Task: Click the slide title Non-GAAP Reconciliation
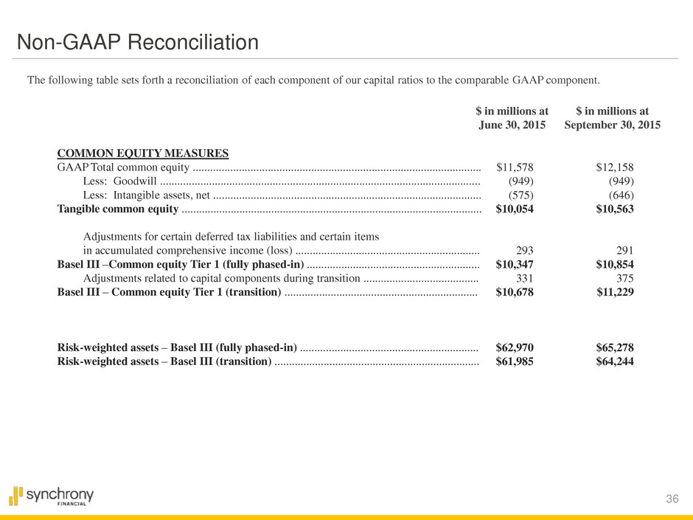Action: coord(138,43)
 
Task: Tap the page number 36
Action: coord(672,499)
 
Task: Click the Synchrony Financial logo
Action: coord(52,496)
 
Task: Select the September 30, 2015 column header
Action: coord(612,118)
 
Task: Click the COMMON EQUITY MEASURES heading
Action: coord(143,153)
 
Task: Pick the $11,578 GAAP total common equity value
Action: coord(515,167)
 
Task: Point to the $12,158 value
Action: coord(615,167)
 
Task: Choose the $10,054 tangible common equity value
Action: coord(515,209)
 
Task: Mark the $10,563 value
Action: coord(615,209)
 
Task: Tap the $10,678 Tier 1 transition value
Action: coord(515,293)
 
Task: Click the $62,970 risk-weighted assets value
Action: coord(515,347)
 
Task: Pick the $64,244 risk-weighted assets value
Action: coord(615,361)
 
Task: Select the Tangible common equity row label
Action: coord(118,209)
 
